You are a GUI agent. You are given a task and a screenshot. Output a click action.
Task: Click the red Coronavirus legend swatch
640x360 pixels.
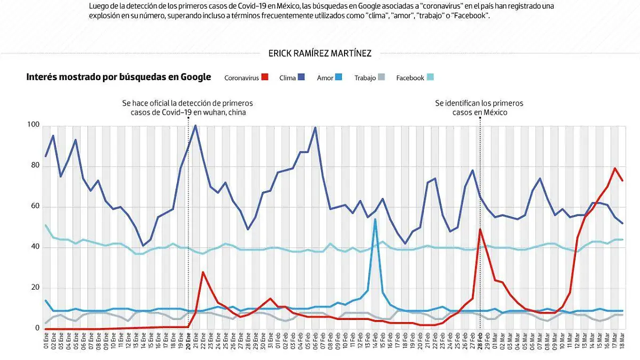(265, 77)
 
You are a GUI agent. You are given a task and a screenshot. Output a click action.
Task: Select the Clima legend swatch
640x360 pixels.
(302, 77)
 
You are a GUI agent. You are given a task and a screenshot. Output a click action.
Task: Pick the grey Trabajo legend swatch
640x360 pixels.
(381, 77)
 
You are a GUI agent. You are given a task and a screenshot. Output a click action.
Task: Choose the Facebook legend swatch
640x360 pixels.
(430, 77)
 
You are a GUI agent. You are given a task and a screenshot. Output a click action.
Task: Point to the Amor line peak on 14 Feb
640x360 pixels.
(375, 220)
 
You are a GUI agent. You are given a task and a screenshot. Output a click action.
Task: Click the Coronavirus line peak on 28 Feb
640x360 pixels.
(480, 229)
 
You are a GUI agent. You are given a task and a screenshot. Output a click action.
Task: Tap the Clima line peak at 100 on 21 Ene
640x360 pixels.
(196, 126)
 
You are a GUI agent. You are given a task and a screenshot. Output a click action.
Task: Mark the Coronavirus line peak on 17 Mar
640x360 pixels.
(615, 169)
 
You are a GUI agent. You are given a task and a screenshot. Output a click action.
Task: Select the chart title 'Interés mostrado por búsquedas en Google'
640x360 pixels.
(118, 77)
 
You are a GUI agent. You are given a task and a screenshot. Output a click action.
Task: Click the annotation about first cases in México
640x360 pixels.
(479, 108)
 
